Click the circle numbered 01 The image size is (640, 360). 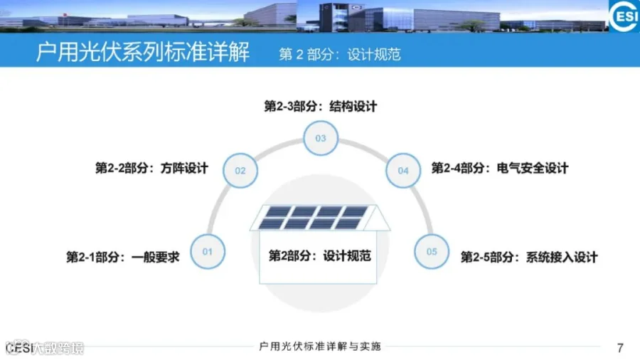[x=208, y=251]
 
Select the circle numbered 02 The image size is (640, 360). [x=240, y=171]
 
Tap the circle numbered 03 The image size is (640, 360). [x=321, y=138]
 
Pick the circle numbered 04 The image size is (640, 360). [x=403, y=171]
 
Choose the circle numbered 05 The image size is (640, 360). [x=432, y=251]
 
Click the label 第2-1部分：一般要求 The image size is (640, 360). [x=122, y=257]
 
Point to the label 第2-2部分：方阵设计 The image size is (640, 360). [x=151, y=169]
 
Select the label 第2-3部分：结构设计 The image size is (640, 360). [x=320, y=107]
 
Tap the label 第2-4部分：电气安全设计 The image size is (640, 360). [x=500, y=169]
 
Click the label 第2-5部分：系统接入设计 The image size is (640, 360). [x=529, y=257]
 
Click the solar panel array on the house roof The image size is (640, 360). [x=320, y=217]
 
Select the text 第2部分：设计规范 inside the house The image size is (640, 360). [x=320, y=255]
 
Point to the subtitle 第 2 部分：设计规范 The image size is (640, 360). [x=339, y=54]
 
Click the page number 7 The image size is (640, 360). [x=620, y=348]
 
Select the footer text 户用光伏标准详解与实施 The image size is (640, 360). [x=321, y=346]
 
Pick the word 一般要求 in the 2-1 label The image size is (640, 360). [x=156, y=257]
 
